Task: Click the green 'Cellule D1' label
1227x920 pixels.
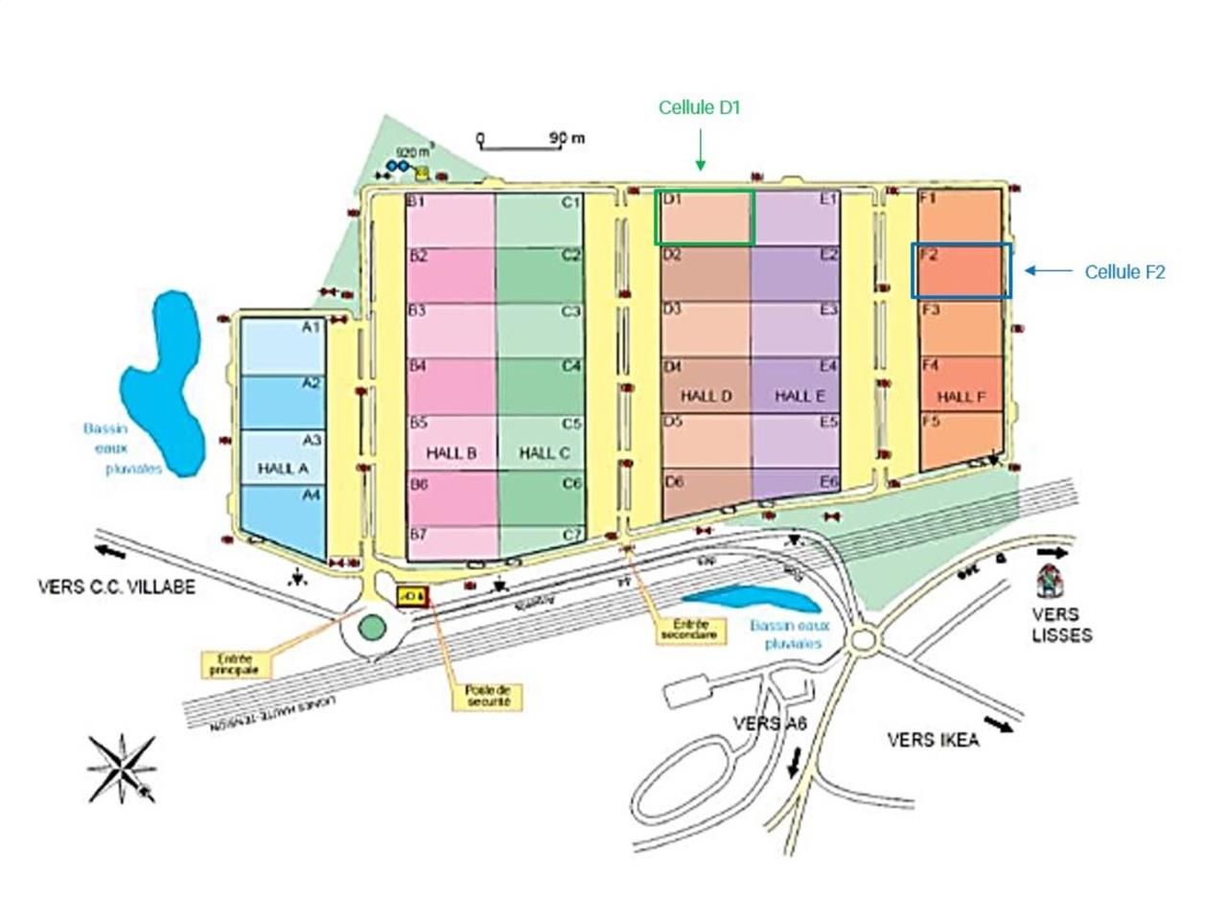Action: click(x=699, y=108)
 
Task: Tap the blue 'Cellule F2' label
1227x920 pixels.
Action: click(x=1124, y=272)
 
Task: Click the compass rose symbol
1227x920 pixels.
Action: click(x=122, y=768)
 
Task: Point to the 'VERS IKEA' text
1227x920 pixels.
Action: click(x=933, y=740)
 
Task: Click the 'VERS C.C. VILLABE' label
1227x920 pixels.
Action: click(x=116, y=586)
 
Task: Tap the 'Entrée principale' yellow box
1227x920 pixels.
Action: click(x=235, y=664)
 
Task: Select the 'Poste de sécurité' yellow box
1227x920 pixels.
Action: click(x=488, y=696)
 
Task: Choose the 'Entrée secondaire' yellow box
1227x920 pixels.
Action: click(x=689, y=630)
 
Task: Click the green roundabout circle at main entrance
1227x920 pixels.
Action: click(x=372, y=629)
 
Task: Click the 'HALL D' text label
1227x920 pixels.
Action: click(x=706, y=396)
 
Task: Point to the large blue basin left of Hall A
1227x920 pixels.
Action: click(x=163, y=383)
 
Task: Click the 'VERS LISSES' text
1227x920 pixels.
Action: click(x=1061, y=624)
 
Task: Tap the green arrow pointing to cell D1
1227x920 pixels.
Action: click(x=700, y=150)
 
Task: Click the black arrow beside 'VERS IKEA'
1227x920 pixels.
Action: click(x=998, y=725)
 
